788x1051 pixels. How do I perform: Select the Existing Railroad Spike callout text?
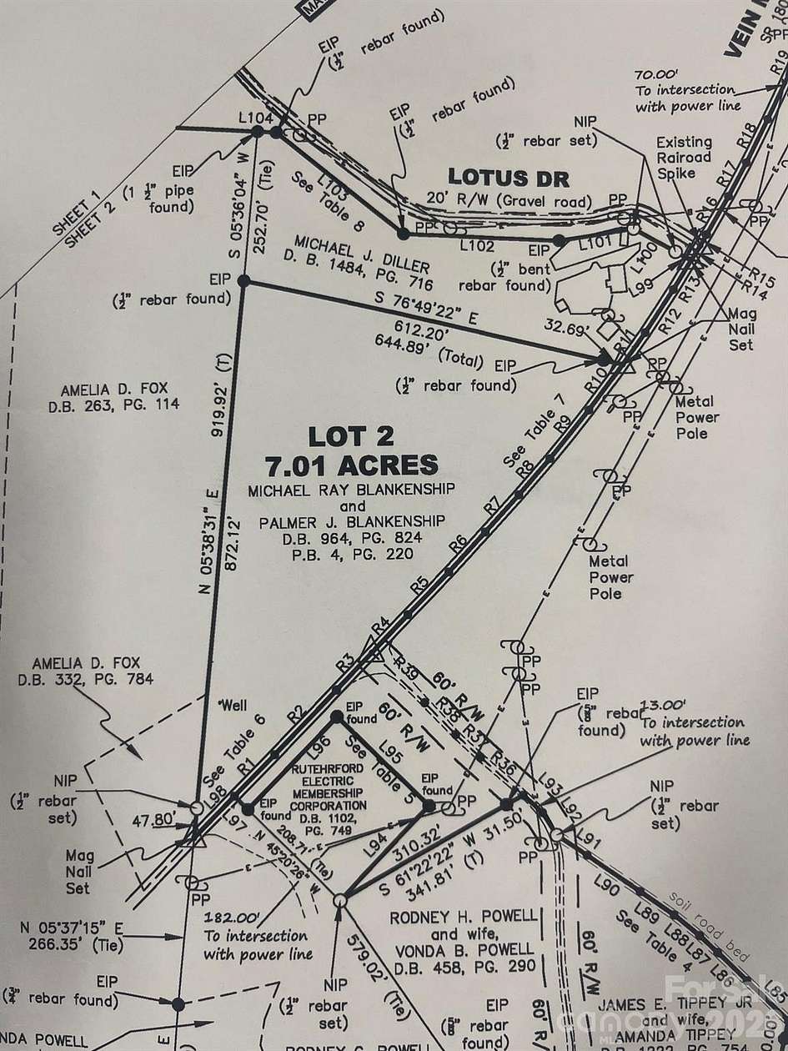683,157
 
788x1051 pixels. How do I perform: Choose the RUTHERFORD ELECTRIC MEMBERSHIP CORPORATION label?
328,788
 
